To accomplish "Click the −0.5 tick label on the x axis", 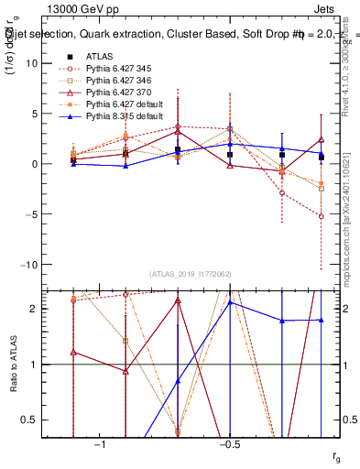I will [x=229, y=443].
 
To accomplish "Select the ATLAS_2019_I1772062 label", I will [x=191, y=274].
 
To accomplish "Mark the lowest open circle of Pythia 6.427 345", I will [x=322, y=216].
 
